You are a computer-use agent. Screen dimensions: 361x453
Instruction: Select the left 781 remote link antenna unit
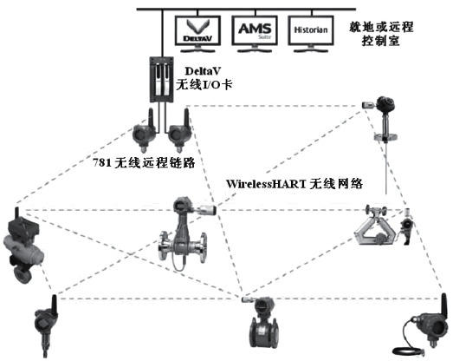(141, 132)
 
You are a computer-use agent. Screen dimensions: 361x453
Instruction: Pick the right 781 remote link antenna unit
(179, 132)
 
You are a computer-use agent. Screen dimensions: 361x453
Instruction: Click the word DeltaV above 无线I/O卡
(205, 69)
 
